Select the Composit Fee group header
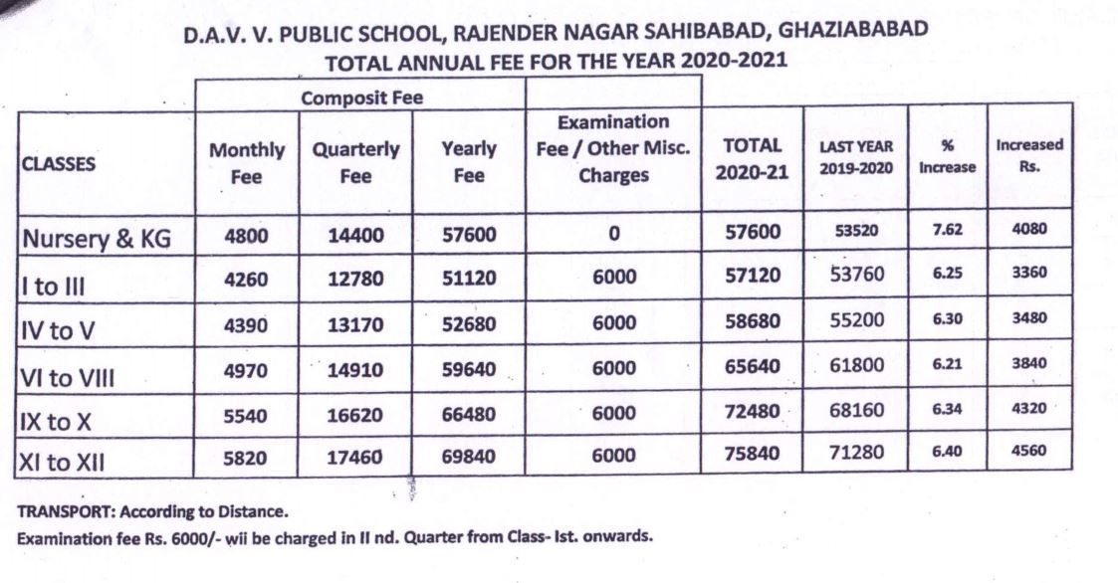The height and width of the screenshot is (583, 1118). tap(361, 97)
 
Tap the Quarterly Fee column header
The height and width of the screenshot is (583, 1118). tap(355, 162)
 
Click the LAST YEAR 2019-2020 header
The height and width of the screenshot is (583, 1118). tap(855, 156)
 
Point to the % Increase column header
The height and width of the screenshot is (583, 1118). tap(947, 156)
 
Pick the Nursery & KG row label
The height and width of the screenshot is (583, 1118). tap(97, 238)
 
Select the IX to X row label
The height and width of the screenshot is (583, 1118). tap(57, 421)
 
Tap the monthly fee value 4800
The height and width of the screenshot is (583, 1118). tap(245, 236)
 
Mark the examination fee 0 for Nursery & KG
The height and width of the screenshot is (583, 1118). tap(614, 235)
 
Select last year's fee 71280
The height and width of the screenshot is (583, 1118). tap(856, 454)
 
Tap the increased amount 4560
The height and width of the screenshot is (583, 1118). tap(1028, 450)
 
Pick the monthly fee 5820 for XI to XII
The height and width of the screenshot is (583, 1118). tap(245, 456)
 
